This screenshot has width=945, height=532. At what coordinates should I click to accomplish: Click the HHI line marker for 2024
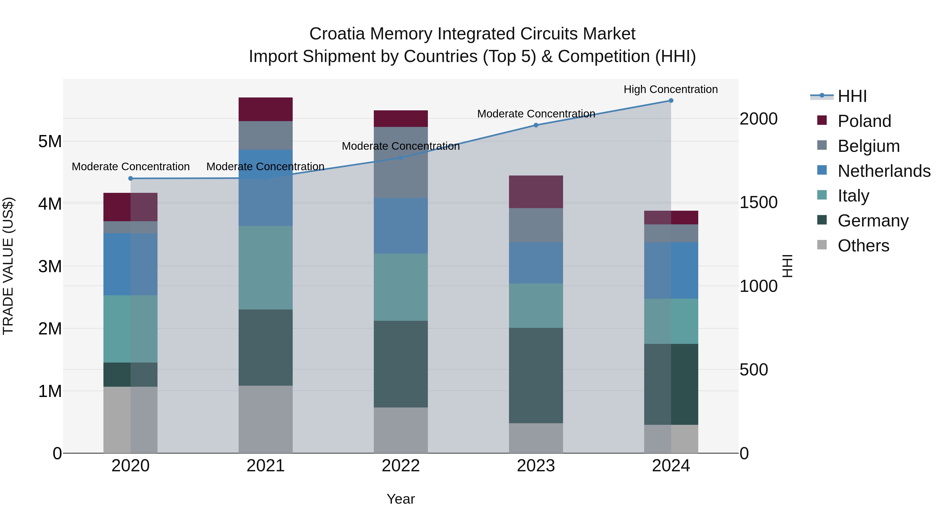671,101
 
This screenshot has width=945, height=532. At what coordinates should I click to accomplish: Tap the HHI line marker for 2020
131,178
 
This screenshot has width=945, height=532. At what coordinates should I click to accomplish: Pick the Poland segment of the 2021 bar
266,109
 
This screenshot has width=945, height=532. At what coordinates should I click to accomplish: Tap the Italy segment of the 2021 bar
266,268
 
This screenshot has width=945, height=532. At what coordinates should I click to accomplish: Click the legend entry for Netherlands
884,171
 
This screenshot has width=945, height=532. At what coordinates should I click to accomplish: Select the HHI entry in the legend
852,96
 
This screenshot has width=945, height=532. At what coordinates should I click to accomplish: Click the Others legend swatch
822,245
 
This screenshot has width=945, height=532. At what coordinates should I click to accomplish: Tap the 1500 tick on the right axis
758,203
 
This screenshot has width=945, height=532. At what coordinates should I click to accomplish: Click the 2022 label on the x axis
401,466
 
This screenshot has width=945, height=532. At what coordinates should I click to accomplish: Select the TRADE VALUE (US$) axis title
8,266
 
